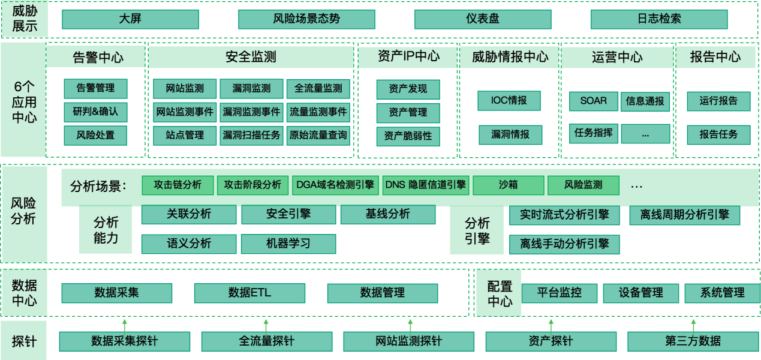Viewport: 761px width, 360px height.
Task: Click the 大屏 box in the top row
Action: (x=131, y=19)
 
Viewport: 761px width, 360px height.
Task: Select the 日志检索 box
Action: (x=659, y=19)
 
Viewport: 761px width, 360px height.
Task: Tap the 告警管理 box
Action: (x=95, y=88)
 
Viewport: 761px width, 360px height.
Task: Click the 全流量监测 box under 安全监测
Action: (x=318, y=89)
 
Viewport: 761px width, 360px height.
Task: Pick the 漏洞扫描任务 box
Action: (x=251, y=136)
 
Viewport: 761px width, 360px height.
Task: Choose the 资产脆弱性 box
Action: (x=408, y=136)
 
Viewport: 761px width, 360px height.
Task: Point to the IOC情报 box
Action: (x=509, y=101)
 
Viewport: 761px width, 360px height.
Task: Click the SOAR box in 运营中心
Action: (x=594, y=101)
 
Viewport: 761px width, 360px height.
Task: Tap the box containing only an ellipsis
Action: (x=645, y=134)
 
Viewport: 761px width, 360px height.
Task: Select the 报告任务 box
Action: (x=718, y=135)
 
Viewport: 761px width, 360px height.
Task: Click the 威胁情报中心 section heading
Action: (x=510, y=57)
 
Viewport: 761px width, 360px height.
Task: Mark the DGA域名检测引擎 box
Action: (x=335, y=185)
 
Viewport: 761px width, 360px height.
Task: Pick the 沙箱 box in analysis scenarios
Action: (x=509, y=185)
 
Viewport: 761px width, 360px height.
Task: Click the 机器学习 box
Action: (x=288, y=244)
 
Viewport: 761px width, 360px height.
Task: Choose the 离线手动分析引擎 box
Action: (x=564, y=244)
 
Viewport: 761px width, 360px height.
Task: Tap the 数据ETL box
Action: (x=249, y=293)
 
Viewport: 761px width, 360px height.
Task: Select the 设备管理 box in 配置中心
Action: (x=640, y=293)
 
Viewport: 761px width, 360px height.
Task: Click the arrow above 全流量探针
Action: (x=266, y=327)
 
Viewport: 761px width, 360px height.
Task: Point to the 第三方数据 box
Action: (x=693, y=341)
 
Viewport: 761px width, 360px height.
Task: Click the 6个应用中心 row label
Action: (x=24, y=102)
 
